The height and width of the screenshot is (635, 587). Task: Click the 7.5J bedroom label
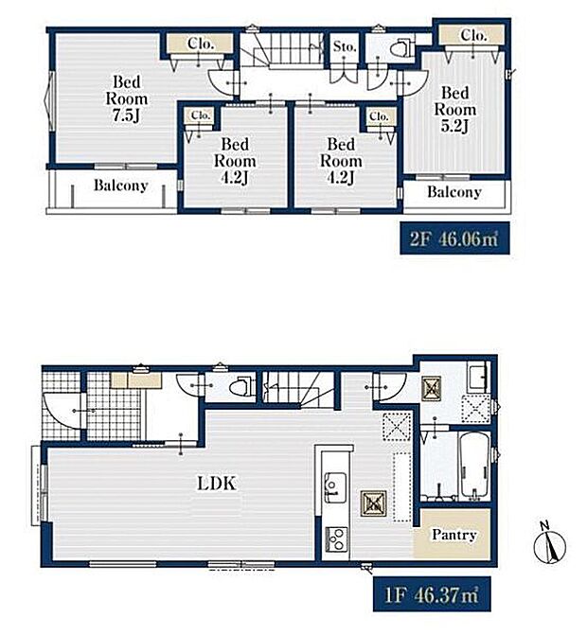tap(126, 98)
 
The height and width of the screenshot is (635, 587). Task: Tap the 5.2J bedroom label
tap(455, 110)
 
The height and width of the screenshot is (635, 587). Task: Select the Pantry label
tap(454, 535)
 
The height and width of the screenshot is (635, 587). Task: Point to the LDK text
tap(216, 484)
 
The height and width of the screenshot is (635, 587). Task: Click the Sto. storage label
tap(345, 47)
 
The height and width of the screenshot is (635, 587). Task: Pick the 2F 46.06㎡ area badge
tap(454, 238)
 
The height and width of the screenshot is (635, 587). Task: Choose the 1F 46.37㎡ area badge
tap(432, 595)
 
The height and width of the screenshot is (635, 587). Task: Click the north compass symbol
tap(549, 544)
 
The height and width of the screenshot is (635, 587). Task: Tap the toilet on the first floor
tap(242, 388)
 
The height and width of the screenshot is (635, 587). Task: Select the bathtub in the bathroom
tap(473, 466)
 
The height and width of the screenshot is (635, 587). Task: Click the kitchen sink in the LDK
tap(335, 487)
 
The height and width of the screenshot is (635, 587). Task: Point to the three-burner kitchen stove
tap(336, 539)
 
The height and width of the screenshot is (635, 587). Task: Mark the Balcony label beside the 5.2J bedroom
tap(454, 192)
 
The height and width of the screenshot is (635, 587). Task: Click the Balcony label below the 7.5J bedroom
tap(121, 185)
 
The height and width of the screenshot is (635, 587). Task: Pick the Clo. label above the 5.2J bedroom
tap(473, 35)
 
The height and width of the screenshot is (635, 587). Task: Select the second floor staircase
tap(284, 49)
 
